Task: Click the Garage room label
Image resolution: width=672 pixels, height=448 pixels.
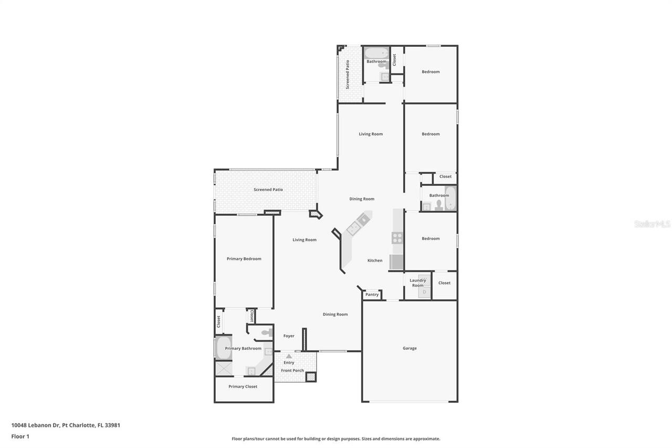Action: click(409, 348)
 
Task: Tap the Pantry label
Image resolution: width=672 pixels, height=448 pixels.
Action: click(372, 295)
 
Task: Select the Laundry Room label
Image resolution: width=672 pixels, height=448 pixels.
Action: click(418, 283)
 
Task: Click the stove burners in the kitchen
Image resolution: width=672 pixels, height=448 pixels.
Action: click(397, 238)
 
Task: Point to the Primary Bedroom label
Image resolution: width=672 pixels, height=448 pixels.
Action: click(244, 259)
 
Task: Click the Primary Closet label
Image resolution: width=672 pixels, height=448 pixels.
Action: click(243, 387)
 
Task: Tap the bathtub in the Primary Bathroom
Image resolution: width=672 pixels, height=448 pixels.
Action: click(223, 348)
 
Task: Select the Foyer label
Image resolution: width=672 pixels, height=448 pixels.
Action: click(289, 336)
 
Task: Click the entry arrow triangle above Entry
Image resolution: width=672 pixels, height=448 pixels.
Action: click(289, 356)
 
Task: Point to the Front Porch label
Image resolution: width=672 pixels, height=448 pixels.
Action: click(292, 371)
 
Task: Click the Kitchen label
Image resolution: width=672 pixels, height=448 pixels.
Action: click(375, 261)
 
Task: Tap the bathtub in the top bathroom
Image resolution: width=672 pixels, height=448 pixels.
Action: click(376, 53)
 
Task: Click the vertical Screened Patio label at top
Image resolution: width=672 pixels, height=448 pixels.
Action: click(348, 74)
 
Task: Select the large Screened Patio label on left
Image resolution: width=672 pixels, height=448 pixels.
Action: click(268, 190)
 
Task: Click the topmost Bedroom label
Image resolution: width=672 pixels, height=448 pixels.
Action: click(430, 72)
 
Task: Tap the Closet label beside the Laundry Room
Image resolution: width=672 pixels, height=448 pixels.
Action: click(444, 283)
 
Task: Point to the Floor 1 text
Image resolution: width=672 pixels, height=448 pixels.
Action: click(20, 436)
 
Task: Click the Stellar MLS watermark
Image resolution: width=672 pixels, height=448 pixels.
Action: click(652, 224)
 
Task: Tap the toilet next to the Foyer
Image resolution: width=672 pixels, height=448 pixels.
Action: click(267, 332)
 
